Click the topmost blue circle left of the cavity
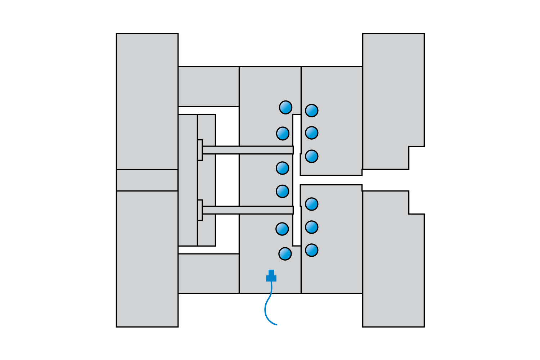[x=285, y=107]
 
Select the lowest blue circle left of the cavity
[x=285, y=254]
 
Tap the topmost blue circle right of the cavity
[x=311, y=111]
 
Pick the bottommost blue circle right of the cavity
[x=311, y=250]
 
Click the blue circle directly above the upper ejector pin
[x=283, y=134]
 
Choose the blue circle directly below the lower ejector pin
[x=282, y=229]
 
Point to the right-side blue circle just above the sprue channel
[x=311, y=156]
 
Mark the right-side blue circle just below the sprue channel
[x=311, y=204]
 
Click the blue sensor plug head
[x=271, y=276]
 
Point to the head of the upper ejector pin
[x=200, y=150]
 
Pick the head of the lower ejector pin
[x=200, y=210]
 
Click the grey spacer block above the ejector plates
[x=208, y=86]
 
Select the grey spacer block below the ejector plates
[x=208, y=274]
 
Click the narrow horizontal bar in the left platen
[x=147, y=180]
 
